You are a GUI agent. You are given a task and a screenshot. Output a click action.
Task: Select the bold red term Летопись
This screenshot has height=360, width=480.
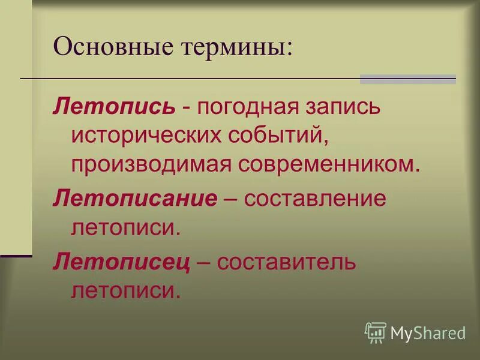click(114, 107)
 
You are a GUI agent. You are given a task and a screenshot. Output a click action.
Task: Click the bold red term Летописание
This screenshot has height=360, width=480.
click(134, 199)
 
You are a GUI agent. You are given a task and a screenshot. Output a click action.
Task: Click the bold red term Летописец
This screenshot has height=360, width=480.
click(122, 262)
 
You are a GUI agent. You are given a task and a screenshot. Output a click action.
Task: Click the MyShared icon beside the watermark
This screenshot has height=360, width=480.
click(375, 332)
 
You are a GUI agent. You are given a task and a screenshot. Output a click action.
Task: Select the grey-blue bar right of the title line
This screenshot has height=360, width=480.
click(407, 79)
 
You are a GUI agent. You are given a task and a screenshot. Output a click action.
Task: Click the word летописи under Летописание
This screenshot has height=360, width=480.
click(125, 227)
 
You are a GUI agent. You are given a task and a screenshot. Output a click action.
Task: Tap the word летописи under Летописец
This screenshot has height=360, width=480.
click(125, 291)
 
